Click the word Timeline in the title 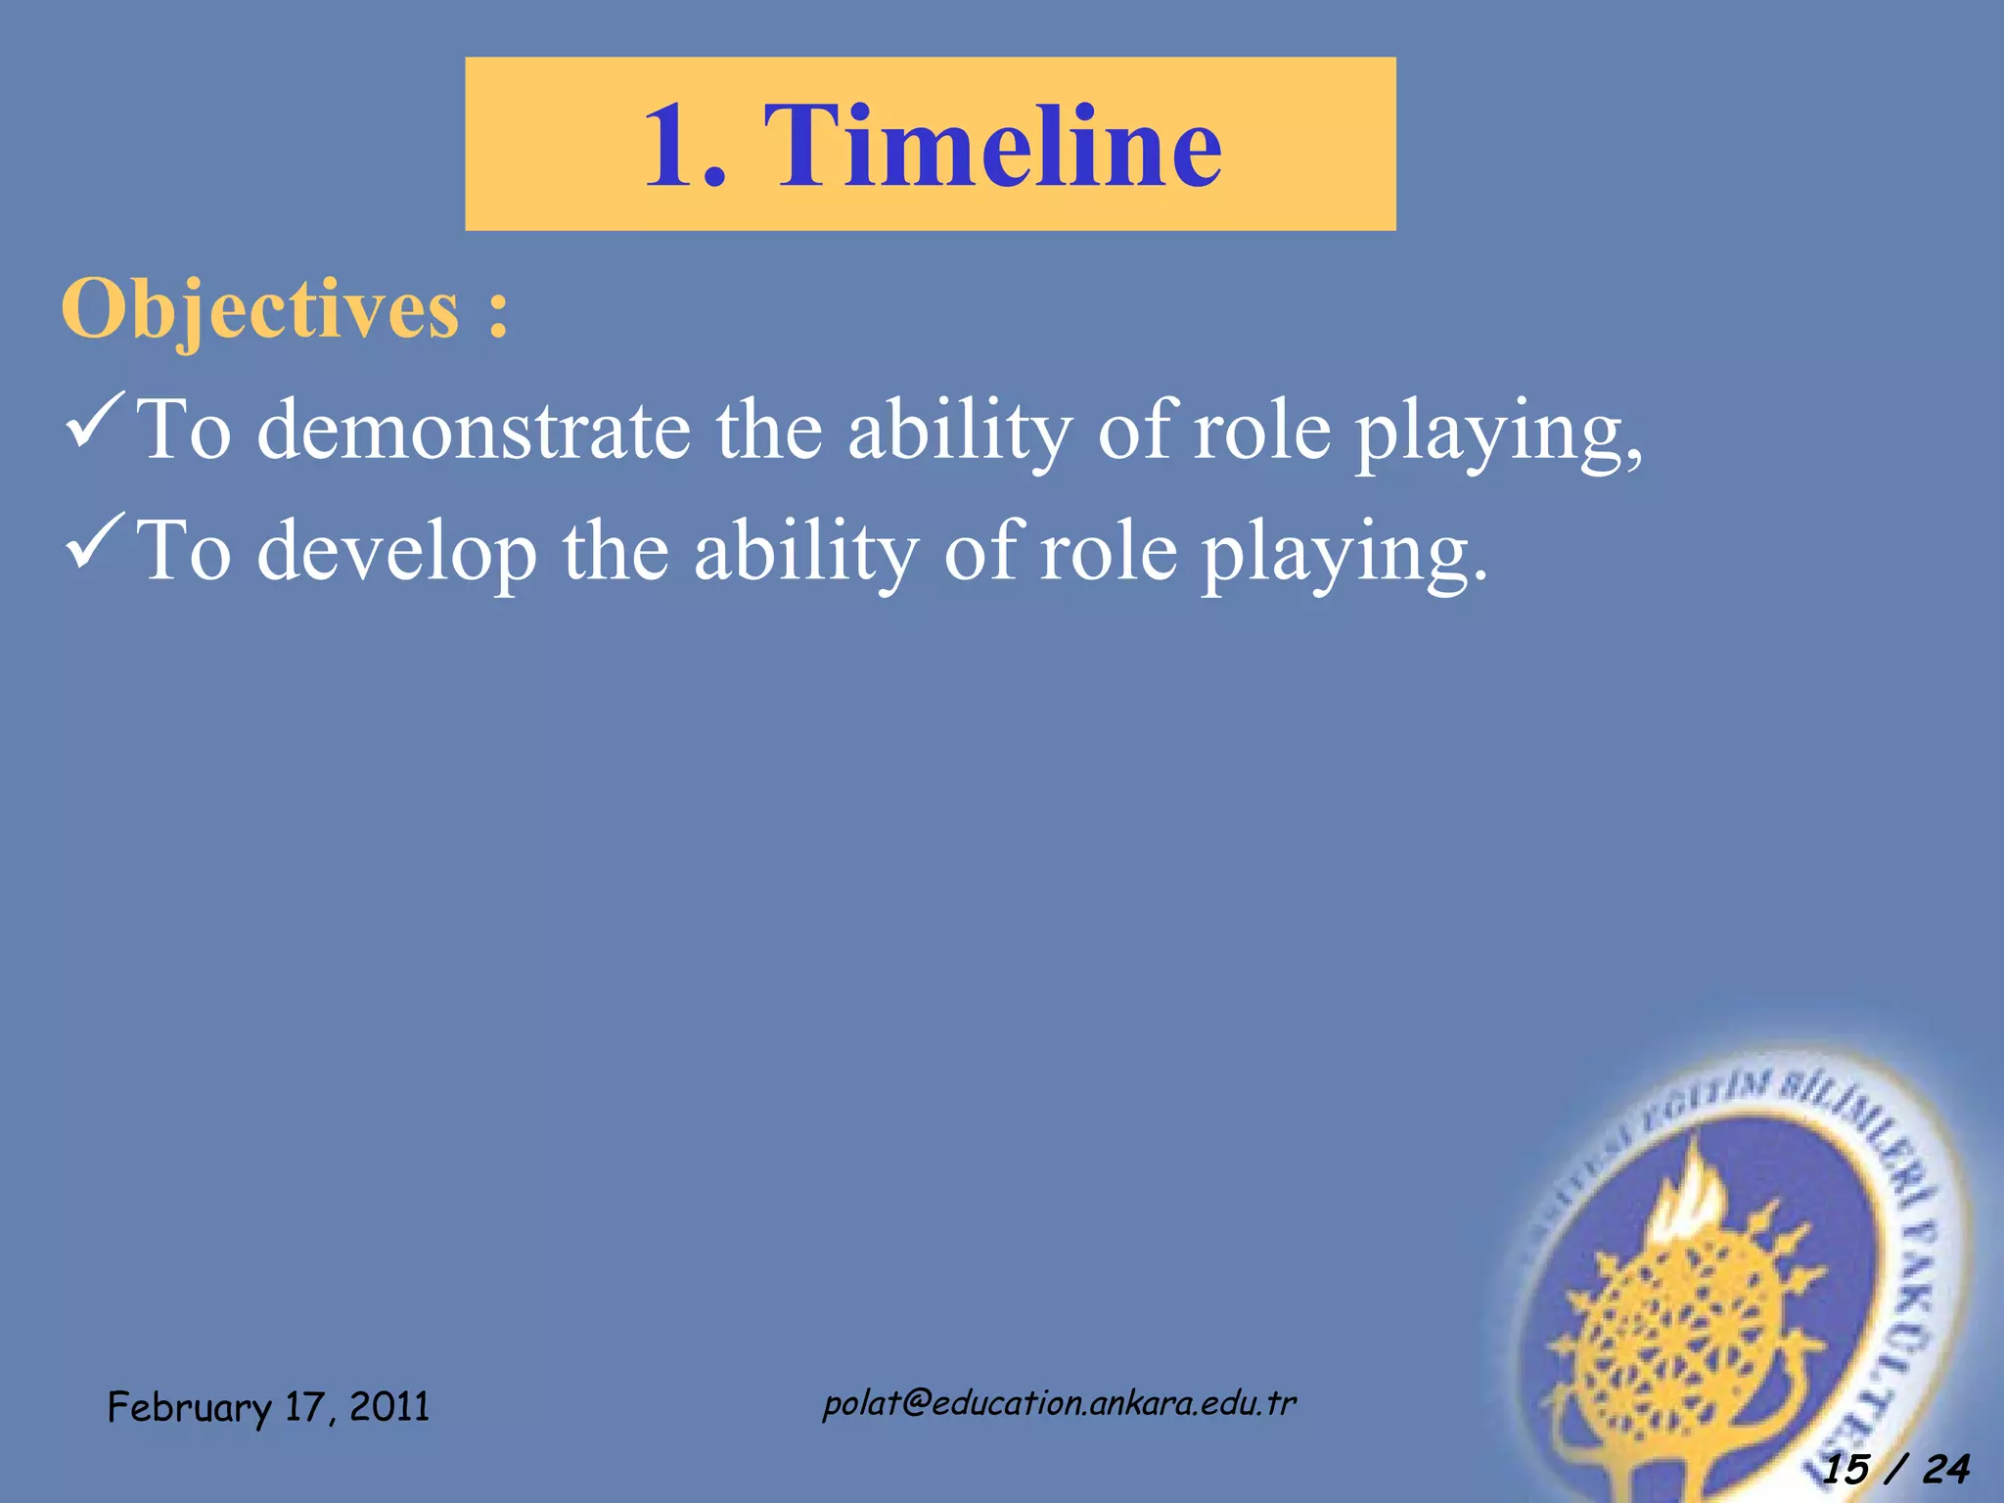(992, 146)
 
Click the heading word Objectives (259, 309)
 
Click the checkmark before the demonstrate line (95, 421)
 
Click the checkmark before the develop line (95, 542)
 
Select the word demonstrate (473, 431)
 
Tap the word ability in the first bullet (959, 431)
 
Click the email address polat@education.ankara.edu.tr (1059, 1403)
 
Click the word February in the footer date (188, 1408)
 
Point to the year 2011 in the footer (389, 1407)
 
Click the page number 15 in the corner (1845, 1469)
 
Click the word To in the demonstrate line (185, 431)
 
